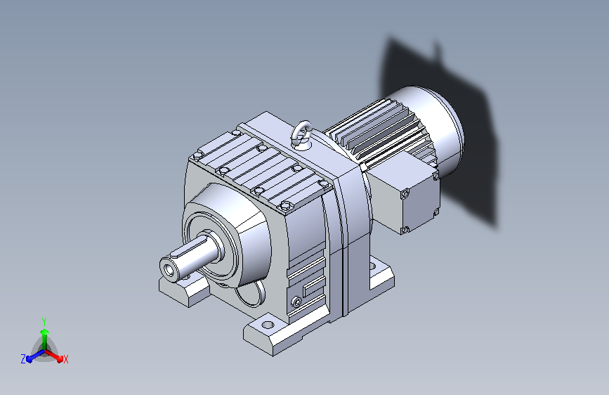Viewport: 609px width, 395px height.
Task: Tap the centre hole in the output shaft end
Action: click(169, 269)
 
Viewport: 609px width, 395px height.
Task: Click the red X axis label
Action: click(65, 360)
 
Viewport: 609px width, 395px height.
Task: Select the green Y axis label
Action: click(44, 321)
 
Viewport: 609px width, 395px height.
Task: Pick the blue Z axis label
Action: click(23, 359)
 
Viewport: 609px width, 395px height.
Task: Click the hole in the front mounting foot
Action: click(268, 324)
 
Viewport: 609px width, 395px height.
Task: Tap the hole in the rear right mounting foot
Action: click(373, 266)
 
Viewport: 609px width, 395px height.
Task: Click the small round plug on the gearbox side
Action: click(296, 302)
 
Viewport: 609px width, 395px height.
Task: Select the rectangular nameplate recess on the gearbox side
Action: click(314, 287)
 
